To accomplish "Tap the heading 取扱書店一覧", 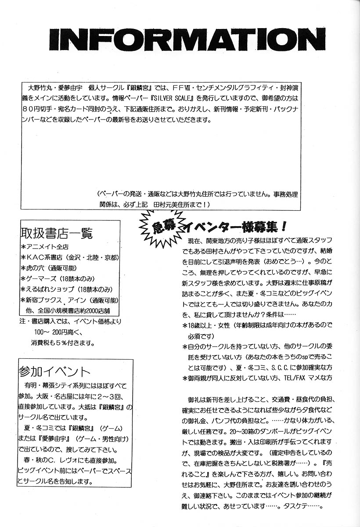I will click(56, 232).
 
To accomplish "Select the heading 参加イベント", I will click(55, 371).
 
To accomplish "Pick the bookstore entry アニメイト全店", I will click(44, 246).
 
